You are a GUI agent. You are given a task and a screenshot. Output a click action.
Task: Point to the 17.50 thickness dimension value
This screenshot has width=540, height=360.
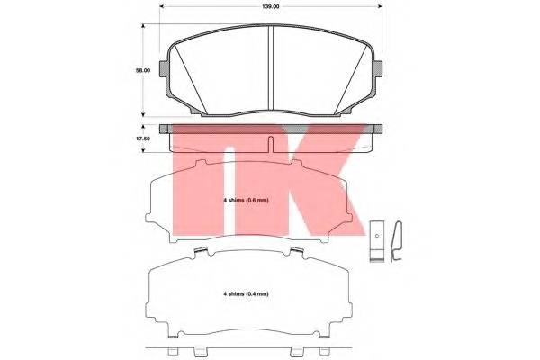(130, 139)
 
